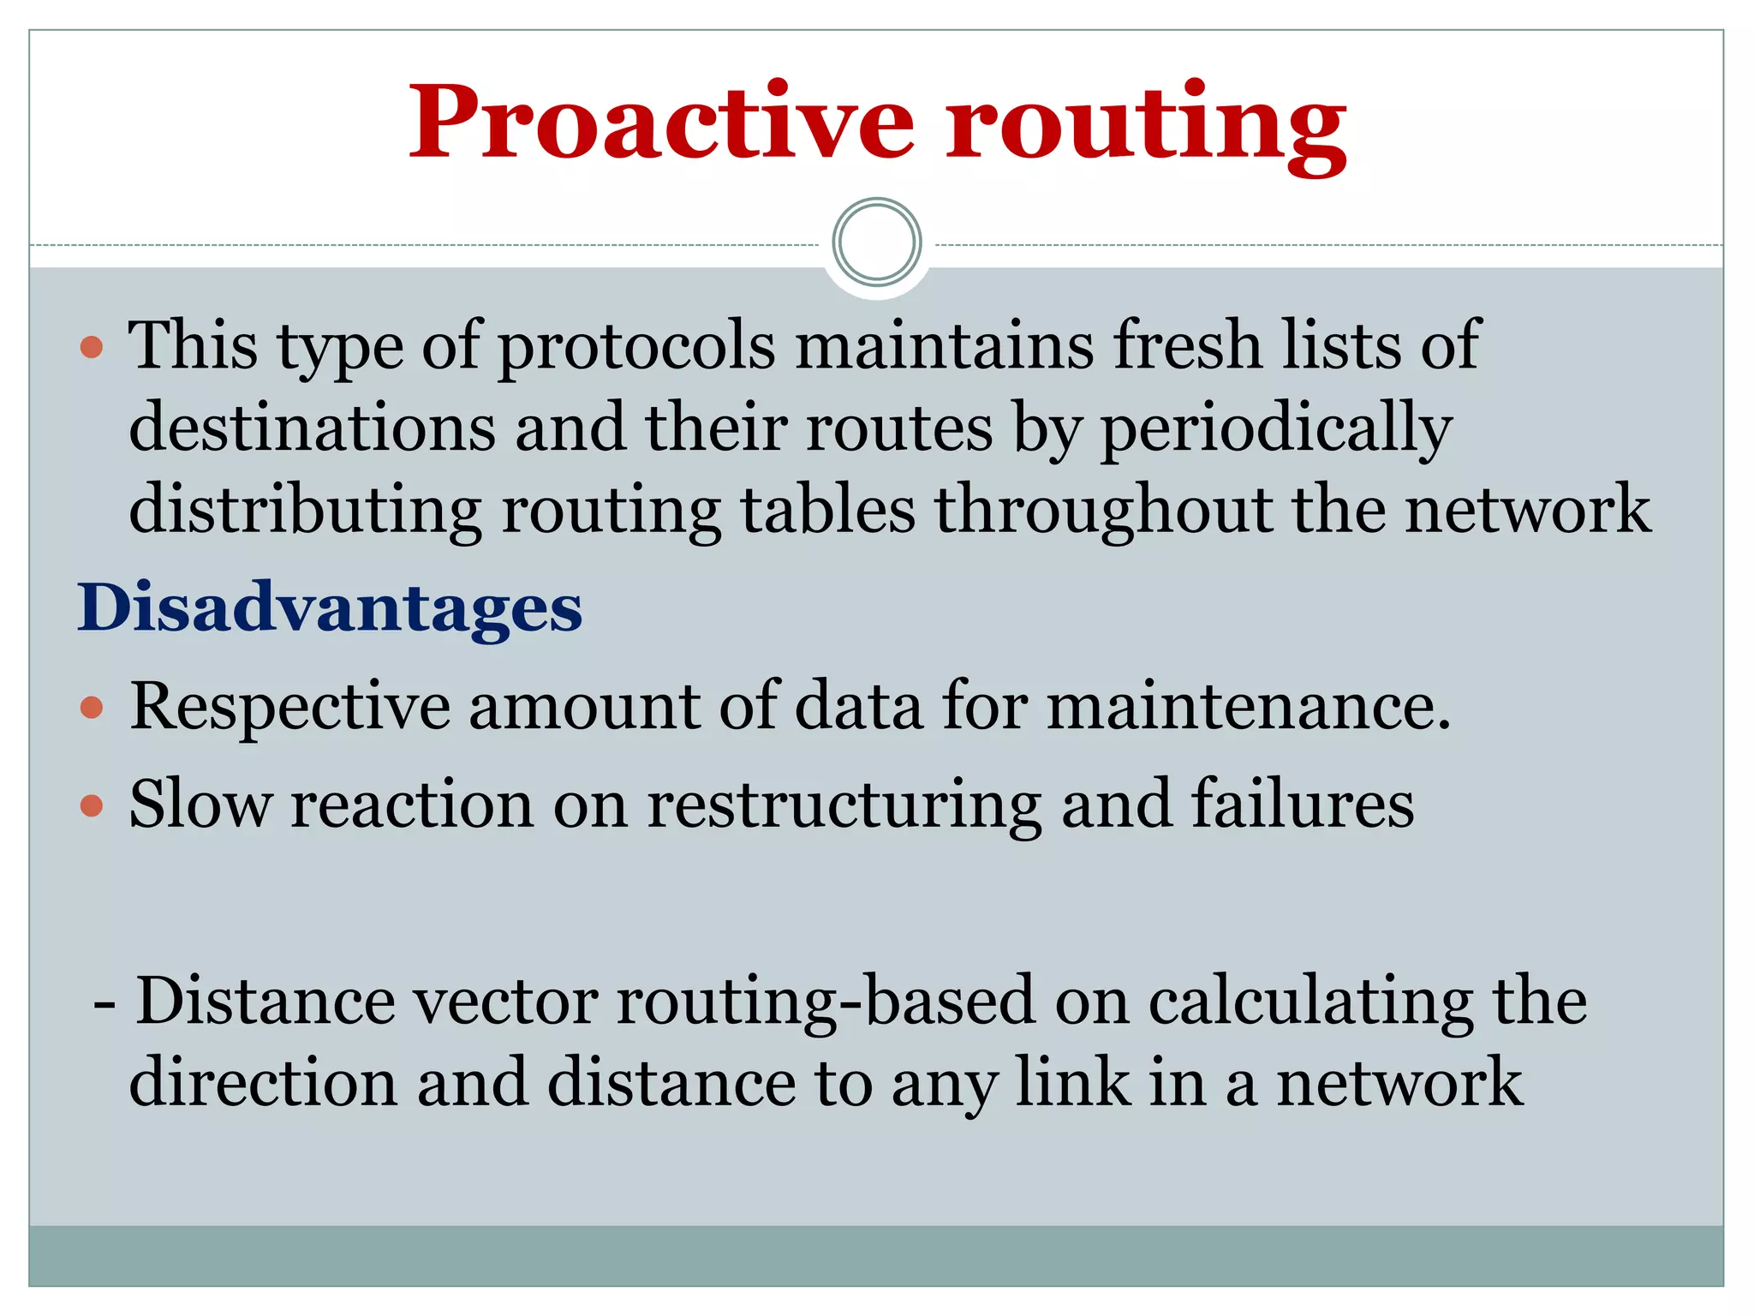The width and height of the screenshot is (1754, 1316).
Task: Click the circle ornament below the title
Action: pos(876,242)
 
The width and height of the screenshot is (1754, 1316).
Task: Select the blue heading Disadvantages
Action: pos(330,608)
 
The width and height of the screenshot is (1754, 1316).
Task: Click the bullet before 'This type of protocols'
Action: pos(92,348)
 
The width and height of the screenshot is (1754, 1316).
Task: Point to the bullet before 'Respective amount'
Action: pos(92,709)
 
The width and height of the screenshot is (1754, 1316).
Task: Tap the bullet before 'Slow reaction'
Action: pos(92,806)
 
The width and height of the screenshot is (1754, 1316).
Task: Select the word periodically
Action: pos(1275,429)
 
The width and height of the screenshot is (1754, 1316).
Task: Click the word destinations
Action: pos(312,428)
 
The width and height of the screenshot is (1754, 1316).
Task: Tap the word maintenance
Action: pos(1249,707)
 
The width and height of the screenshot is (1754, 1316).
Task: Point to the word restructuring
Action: pos(844,806)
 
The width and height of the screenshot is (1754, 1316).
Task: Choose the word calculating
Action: pos(1310,1002)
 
